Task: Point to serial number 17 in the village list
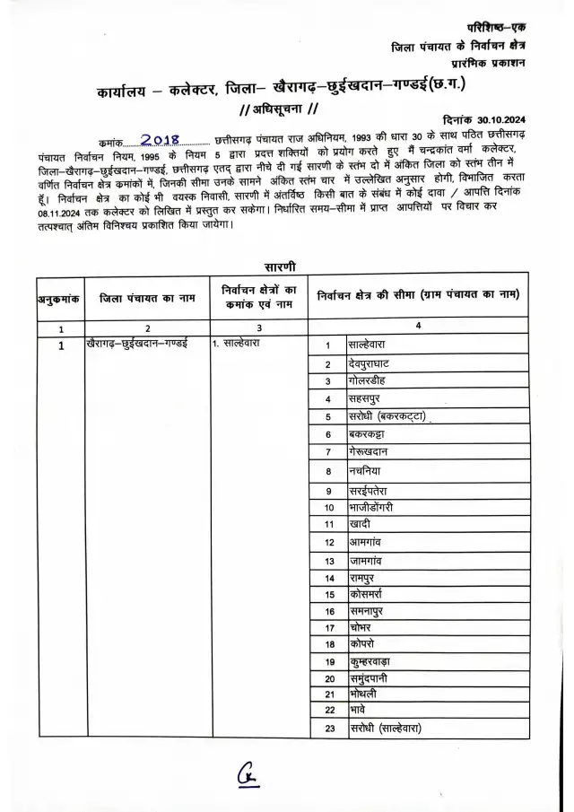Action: (329, 628)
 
